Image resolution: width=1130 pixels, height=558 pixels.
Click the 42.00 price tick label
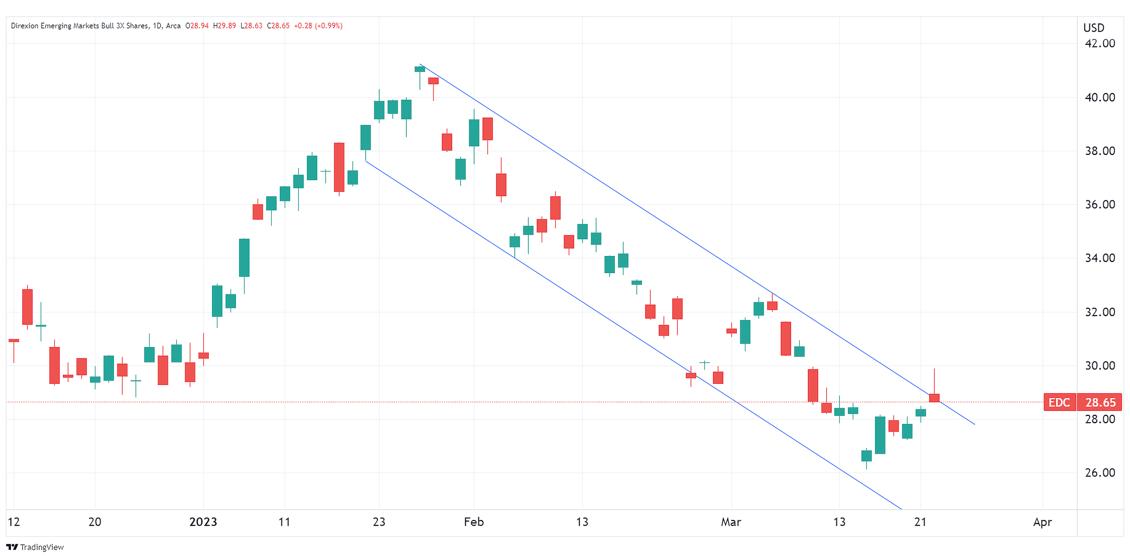tap(1099, 44)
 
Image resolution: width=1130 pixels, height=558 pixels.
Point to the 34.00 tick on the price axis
tap(1099, 258)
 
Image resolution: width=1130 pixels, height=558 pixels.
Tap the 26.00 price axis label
tap(1099, 473)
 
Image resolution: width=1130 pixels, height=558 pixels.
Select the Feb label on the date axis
tap(474, 522)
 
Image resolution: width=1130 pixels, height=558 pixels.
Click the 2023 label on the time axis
tap(203, 522)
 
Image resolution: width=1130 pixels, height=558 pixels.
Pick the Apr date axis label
tap(1042, 522)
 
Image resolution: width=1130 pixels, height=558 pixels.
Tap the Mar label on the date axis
tap(731, 522)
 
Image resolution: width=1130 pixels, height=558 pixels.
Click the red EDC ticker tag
tap(1059, 402)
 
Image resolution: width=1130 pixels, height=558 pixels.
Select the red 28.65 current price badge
tap(1100, 402)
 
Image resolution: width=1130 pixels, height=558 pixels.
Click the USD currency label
tap(1093, 28)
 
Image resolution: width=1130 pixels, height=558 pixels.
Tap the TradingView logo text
tap(42, 547)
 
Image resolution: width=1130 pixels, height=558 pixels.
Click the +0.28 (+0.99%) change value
tap(318, 26)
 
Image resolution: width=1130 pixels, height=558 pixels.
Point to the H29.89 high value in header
tap(224, 26)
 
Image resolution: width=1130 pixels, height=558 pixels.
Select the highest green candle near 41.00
tap(419, 69)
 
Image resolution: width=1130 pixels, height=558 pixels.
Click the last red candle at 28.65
tap(934, 398)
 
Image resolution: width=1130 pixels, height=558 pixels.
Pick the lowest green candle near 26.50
tap(866, 456)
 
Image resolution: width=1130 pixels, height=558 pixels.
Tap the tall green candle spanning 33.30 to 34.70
tap(244, 257)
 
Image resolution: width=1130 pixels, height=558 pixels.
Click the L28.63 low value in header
tap(251, 26)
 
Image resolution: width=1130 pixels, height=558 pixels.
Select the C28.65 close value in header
tap(278, 26)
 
